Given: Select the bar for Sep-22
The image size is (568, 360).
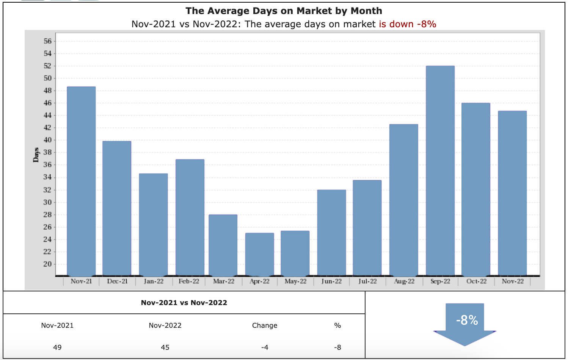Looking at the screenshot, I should pos(440,171).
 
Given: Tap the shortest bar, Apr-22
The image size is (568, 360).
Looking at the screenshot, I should pos(259,254).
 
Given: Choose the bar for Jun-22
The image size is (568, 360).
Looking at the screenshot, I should pos(331,233).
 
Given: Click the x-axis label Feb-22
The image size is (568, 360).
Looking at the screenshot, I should pos(189,281).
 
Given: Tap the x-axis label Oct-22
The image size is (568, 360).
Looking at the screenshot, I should pos(476,281).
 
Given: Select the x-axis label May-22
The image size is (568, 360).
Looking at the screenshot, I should pos(295,281).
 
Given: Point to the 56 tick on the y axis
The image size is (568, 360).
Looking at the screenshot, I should pos(47,41).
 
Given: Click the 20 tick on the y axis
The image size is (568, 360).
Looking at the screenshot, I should pos(47,264).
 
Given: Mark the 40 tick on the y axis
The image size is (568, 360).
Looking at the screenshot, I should pos(47,140).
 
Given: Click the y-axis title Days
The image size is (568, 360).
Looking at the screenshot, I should pos(36,155).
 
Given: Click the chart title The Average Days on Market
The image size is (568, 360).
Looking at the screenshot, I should pos(284,11).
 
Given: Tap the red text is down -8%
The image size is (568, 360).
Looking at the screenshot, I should pos(407,24).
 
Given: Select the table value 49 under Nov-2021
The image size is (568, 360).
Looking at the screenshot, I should pos(57,347).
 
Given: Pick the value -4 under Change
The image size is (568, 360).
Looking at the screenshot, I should pos(265,347).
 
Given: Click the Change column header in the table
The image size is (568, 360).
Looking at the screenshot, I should pos(265,326).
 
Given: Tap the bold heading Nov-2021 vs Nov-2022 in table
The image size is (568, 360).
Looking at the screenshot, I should pos(184,302).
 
